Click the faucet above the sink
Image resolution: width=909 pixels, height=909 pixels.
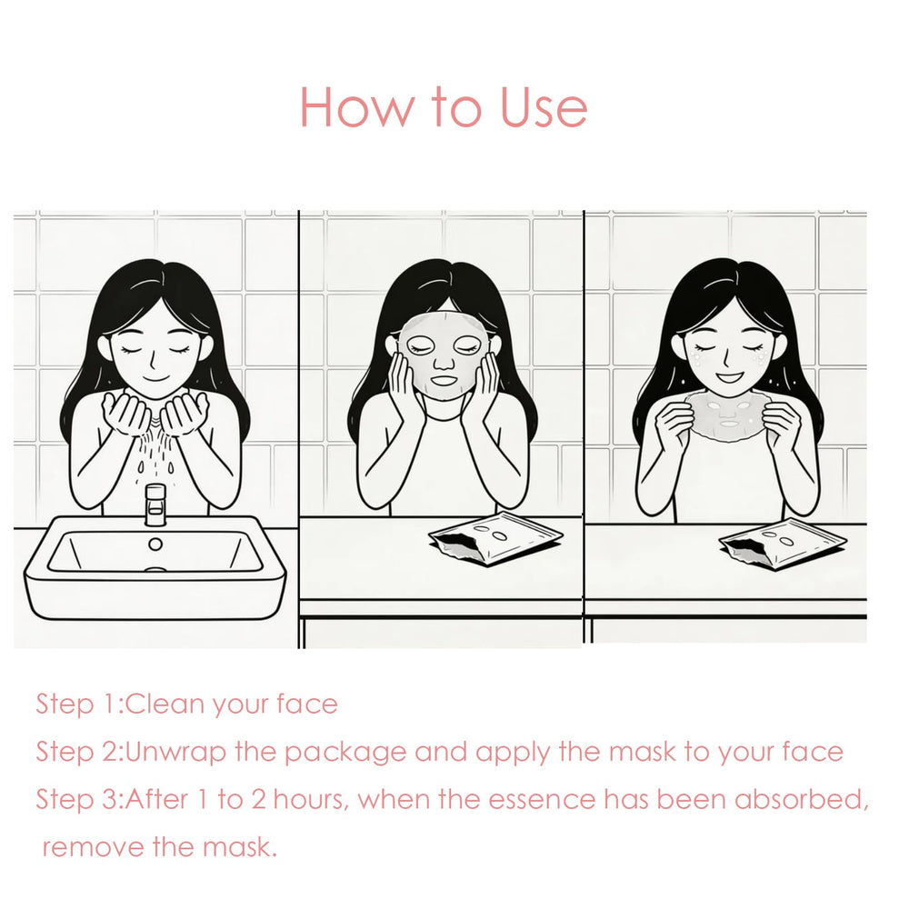pos(155,504)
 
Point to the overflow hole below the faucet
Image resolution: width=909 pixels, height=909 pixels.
pos(155,544)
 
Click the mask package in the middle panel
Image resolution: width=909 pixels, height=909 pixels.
pos(495,538)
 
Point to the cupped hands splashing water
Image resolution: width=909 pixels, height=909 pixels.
pos(155,412)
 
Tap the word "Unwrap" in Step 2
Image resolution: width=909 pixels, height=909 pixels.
pos(175,753)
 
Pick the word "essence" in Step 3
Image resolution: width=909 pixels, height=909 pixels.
pos(542,801)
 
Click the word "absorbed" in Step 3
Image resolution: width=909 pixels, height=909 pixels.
pos(802,800)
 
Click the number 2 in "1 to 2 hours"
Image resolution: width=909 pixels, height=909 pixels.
pos(258,800)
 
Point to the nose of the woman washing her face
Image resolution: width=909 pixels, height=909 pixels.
pos(153,362)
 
